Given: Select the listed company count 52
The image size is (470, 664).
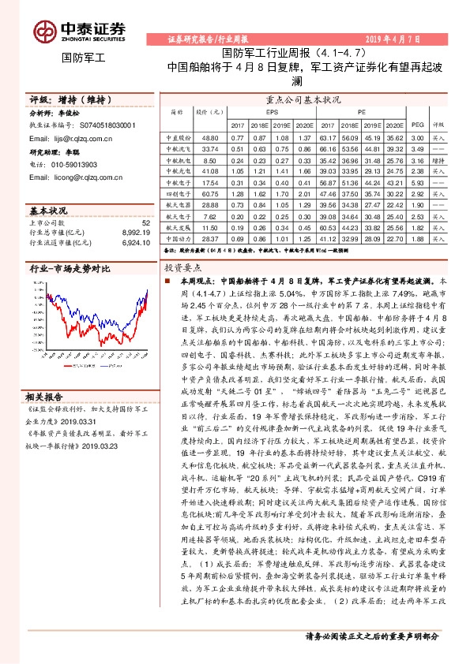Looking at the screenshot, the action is (x=145, y=223).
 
